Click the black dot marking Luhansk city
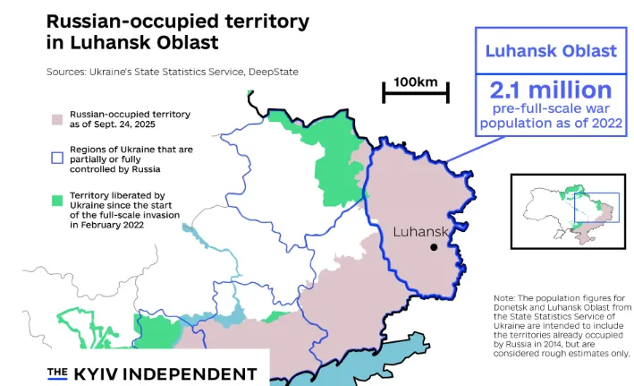[435, 247]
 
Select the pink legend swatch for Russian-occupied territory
[56, 118]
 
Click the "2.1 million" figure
[550, 90]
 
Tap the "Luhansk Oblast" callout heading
[550, 51]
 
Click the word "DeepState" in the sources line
[273, 71]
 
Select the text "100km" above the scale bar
[415, 82]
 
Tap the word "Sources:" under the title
[68, 71]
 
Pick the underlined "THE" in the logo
[57, 373]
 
